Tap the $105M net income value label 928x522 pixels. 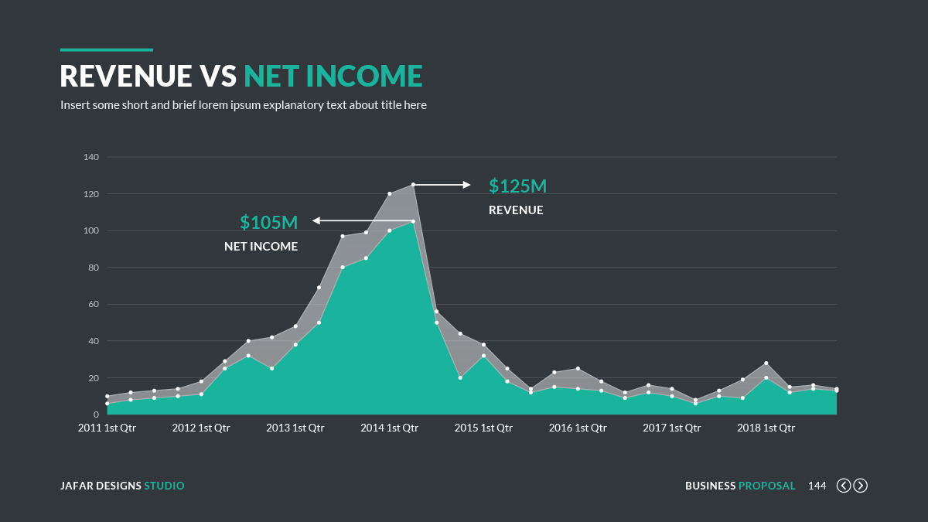pyautogui.click(x=268, y=223)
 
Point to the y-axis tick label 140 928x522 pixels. pyautogui.click(x=91, y=157)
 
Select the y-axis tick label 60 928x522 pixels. pyautogui.click(x=94, y=304)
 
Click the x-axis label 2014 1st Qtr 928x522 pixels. pyautogui.click(x=389, y=428)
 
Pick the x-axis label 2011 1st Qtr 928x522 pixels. pyautogui.click(x=107, y=428)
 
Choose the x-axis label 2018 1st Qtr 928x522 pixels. pyautogui.click(x=766, y=428)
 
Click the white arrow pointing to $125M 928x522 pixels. pyautogui.click(x=442, y=185)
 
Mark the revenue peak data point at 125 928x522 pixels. pyautogui.click(x=413, y=185)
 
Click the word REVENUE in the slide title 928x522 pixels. pyautogui.click(x=126, y=76)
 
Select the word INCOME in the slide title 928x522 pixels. pyautogui.click(x=364, y=76)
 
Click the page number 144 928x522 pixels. pyautogui.click(x=817, y=486)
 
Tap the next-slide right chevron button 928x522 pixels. pyautogui.click(x=860, y=486)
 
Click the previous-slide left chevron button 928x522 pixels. pyautogui.click(x=844, y=486)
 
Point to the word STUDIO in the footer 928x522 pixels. pyautogui.click(x=164, y=486)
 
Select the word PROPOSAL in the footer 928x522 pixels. pyautogui.click(x=766, y=486)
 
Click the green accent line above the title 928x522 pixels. pyautogui.click(x=107, y=50)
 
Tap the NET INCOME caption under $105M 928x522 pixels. pyautogui.click(x=261, y=247)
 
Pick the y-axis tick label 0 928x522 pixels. pyautogui.click(x=96, y=415)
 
